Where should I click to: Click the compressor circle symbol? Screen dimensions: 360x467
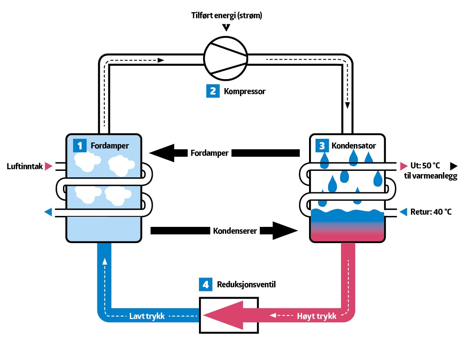(x=225, y=58)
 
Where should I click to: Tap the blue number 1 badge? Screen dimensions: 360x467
(x=80, y=145)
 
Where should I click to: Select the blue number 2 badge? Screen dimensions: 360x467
(x=213, y=91)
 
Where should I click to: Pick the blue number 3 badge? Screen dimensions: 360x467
(x=322, y=145)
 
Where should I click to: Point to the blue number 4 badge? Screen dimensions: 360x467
(x=206, y=285)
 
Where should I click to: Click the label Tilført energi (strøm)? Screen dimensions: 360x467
(x=227, y=16)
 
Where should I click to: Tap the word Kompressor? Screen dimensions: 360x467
(x=244, y=91)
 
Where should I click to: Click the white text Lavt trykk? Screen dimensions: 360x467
(x=147, y=316)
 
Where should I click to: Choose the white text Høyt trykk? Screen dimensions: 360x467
(x=317, y=316)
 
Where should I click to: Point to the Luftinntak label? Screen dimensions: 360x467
(x=25, y=166)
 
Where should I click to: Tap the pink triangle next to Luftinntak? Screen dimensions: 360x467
(x=49, y=166)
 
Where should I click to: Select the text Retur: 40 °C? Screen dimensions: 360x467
(x=432, y=212)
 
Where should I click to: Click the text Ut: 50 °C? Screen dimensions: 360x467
(x=425, y=166)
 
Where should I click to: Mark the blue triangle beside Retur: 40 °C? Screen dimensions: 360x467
(x=403, y=212)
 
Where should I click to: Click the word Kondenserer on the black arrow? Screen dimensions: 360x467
(x=235, y=231)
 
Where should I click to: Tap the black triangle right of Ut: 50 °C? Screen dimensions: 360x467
(x=454, y=166)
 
